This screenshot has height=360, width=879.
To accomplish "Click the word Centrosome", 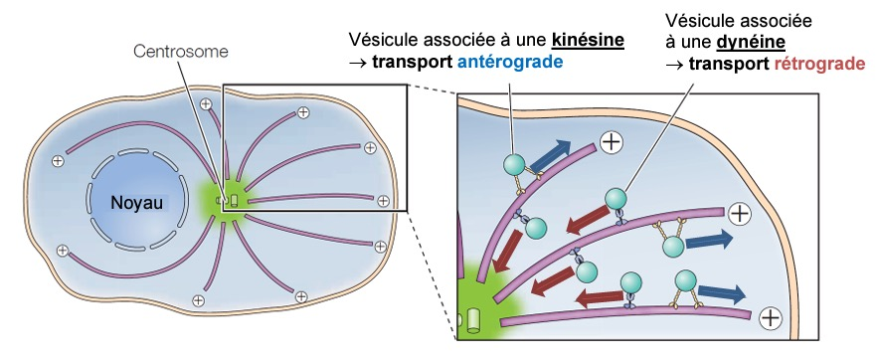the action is pos(181,52).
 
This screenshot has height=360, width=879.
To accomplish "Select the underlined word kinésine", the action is pos(588,40).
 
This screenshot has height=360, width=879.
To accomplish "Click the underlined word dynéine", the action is pos(751,43).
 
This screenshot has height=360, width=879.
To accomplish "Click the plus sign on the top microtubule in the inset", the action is pos(612,142).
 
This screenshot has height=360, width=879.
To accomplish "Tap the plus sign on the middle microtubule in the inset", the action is pos(740,214).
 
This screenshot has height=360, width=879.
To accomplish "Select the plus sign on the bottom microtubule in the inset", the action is pos(771,318).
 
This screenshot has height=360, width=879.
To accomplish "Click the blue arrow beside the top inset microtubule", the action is pos(551,155).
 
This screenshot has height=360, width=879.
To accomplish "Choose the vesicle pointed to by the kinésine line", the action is pos(513,164).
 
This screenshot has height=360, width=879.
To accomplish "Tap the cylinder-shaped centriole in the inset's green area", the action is pos(474,321).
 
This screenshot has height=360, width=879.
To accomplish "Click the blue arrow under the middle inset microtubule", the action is pos(709,240).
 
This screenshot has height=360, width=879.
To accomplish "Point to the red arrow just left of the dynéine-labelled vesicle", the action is pos(587,219).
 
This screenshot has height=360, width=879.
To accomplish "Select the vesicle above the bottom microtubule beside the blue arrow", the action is pos(685,280).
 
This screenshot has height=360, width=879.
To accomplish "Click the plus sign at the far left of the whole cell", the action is pos(58,161).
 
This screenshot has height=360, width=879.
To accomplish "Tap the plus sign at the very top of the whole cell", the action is pos(206,103).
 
